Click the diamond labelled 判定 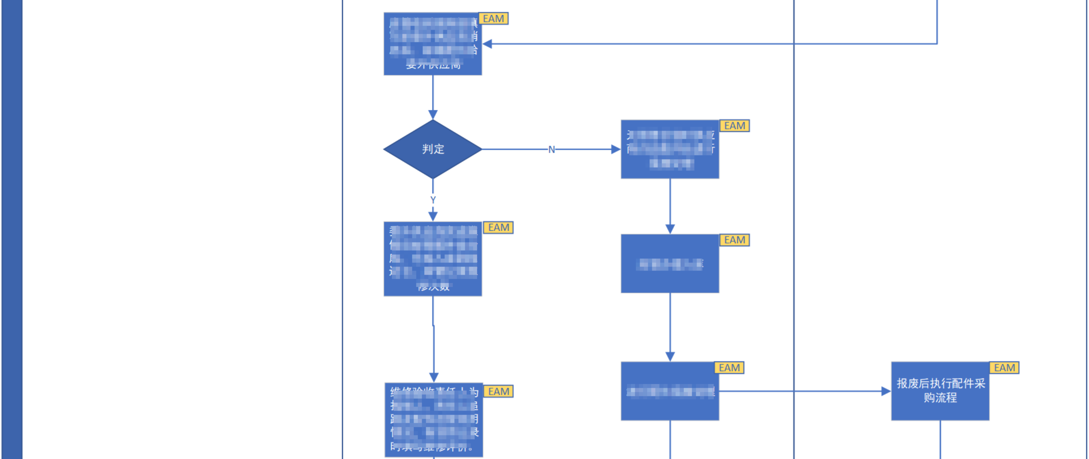coord(433,149)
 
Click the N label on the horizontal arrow coord(551,149)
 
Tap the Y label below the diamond coord(433,200)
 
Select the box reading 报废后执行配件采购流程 coord(940,391)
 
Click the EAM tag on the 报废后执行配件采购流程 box coord(1004,367)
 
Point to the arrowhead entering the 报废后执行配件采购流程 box coord(886,391)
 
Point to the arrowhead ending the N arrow coord(616,149)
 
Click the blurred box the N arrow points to coord(670,149)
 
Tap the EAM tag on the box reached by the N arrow coord(734,126)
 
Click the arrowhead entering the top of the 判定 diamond coord(433,115)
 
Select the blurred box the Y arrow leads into coord(433,258)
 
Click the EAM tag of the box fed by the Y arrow coord(499,227)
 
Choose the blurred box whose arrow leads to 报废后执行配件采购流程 coord(670,391)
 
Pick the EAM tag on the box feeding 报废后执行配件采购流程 coord(729,367)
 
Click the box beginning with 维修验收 coord(434,420)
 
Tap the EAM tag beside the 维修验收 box coord(499,391)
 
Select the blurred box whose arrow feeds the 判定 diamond coord(433,44)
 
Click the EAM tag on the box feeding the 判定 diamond coord(493,19)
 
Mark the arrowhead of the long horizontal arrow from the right coord(488,44)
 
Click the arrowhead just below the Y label coord(433,216)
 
